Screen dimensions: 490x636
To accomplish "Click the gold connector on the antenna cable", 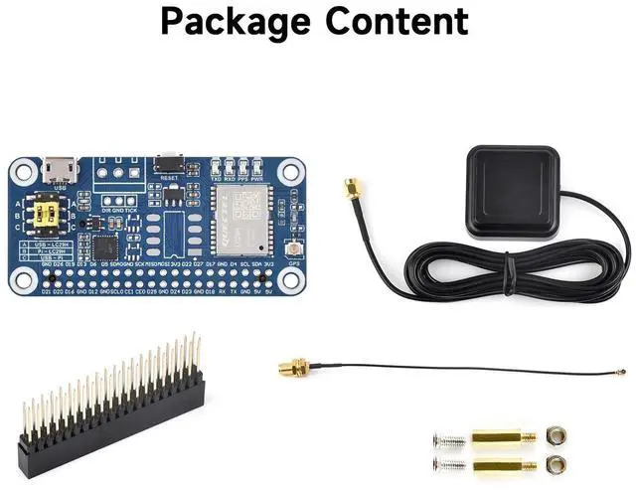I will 351,189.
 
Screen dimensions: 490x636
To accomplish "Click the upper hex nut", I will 555,435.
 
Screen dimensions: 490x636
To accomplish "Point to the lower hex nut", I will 555,463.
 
